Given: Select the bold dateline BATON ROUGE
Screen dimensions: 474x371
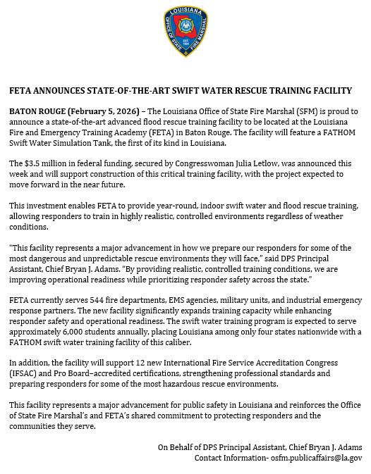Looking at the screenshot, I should (41, 111).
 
